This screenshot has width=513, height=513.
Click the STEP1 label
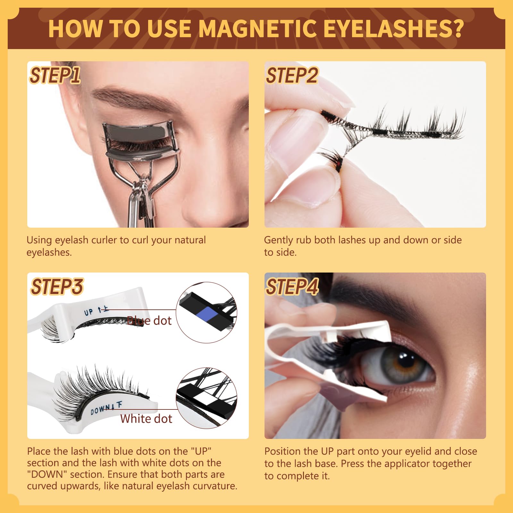tap(55, 75)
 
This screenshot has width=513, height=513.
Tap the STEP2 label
tap(292, 75)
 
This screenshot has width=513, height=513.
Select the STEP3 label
tap(57, 286)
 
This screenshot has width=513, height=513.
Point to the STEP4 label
tap(292, 286)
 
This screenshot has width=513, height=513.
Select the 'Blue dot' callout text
tap(149, 320)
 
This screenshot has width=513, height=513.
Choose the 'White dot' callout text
tap(146, 418)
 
